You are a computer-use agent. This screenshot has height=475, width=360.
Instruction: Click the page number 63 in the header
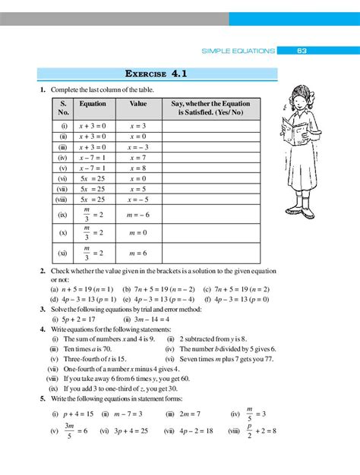click(302, 51)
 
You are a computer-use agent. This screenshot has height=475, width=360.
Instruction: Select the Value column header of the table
click(138, 102)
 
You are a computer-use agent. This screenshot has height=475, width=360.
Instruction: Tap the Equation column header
click(93, 102)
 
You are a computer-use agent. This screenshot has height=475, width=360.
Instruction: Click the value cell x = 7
click(137, 157)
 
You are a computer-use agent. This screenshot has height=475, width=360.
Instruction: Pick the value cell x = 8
click(137, 168)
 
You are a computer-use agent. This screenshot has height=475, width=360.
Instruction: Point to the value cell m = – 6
click(138, 215)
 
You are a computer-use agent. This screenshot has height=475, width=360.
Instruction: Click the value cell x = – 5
click(138, 200)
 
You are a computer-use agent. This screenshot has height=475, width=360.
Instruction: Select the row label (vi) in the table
click(62, 178)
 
